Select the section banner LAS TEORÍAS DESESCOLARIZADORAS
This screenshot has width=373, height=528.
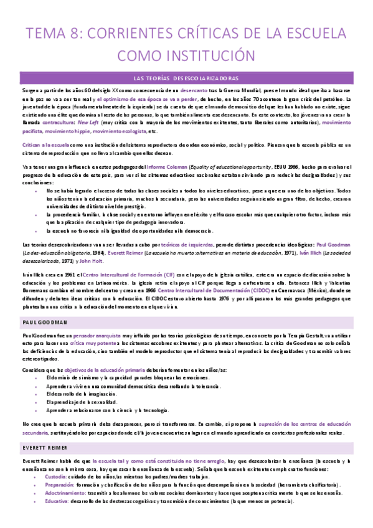(x=186, y=78)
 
